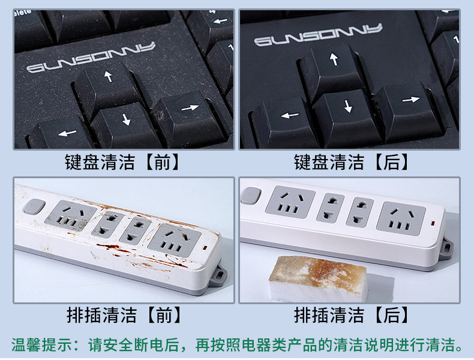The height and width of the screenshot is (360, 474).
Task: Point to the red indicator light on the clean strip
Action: coord(434,226)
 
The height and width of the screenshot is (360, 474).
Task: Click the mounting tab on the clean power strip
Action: coord(447,247)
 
